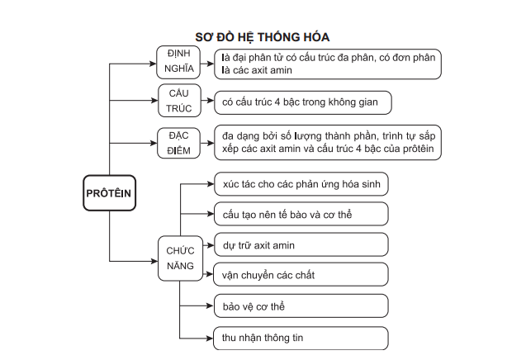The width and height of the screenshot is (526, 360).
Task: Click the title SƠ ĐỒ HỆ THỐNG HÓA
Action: (x=262, y=36)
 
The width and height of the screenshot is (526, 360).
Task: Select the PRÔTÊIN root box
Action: (x=109, y=193)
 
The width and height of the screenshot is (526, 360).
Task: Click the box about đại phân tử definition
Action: (x=327, y=64)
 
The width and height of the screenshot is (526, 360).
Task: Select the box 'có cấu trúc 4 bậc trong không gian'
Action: (x=301, y=102)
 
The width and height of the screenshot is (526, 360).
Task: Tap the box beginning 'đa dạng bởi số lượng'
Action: (x=327, y=141)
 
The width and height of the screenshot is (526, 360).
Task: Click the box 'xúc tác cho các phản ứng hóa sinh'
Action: (x=301, y=183)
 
